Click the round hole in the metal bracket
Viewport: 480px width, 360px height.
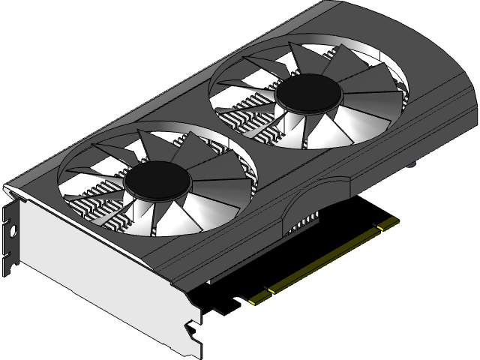pyautogui.click(x=13, y=230)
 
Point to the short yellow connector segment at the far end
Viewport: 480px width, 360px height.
pyautogui.click(x=388, y=223)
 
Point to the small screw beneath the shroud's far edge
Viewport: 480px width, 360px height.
pyautogui.click(x=412, y=163)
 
